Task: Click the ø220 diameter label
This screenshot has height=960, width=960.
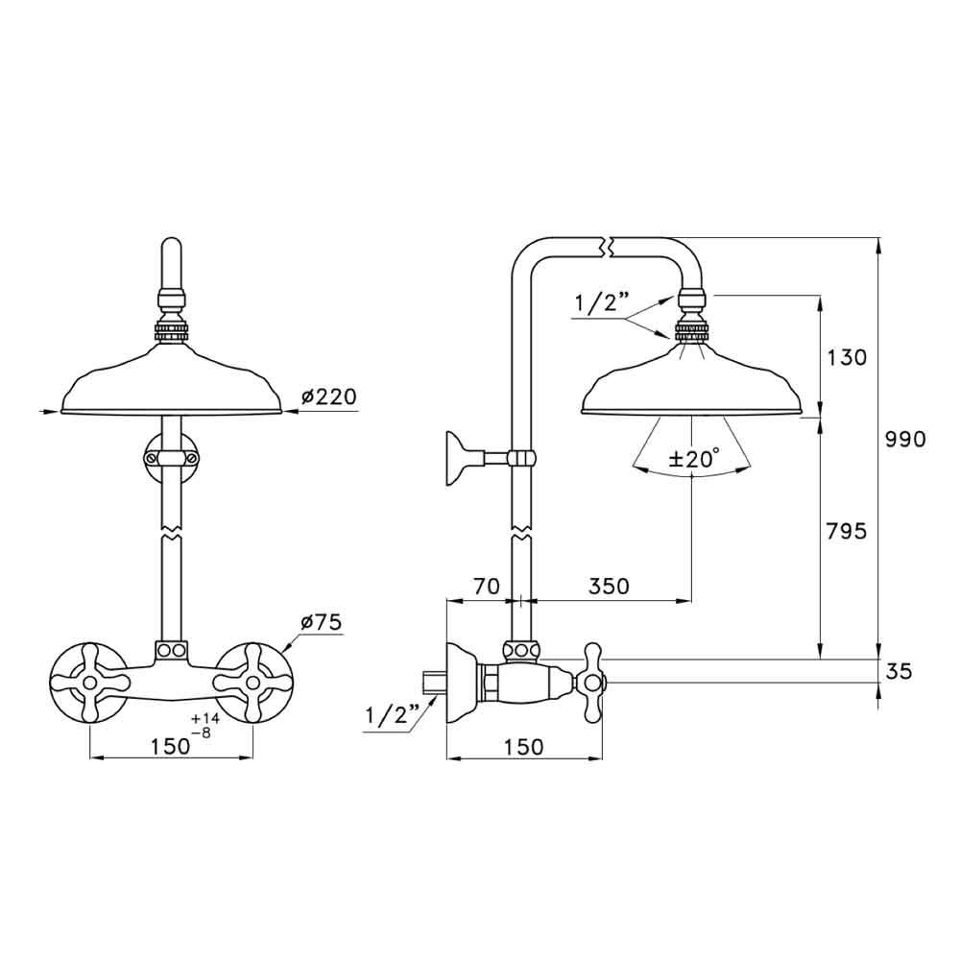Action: [x=328, y=396]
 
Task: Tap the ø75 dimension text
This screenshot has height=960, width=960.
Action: [x=322, y=623]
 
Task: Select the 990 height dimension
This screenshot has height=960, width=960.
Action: [x=905, y=439]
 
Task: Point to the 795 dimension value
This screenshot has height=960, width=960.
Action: [x=847, y=531]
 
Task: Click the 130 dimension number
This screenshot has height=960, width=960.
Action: [x=847, y=357]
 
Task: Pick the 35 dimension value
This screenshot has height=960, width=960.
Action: [x=899, y=672]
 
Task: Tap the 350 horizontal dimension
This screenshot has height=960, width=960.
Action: [x=609, y=586]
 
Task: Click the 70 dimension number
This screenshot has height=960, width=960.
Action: [x=487, y=586]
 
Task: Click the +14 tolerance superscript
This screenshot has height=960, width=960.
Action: [x=205, y=719]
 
